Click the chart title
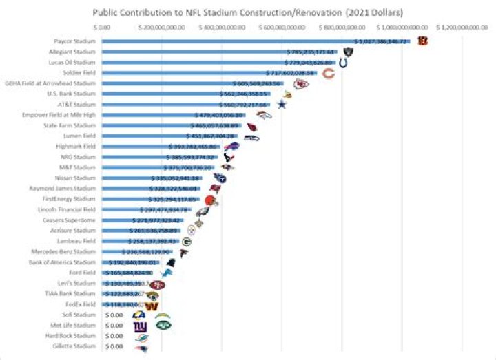[249, 12]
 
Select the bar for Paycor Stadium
[255, 41]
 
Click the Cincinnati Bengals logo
[422, 41]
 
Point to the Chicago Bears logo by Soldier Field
[329, 73]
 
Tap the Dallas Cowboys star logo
[281, 104]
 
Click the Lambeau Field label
[77, 242]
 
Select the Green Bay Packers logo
[187, 242]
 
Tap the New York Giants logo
[140, 326]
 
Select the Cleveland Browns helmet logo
[211, 200]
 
